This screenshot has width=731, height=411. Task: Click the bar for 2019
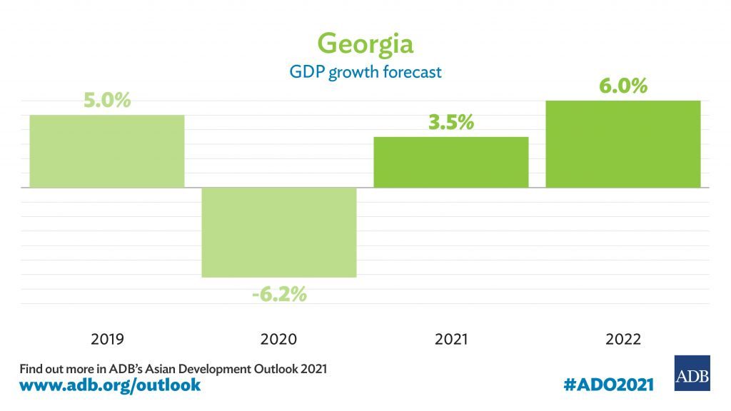(107, 151)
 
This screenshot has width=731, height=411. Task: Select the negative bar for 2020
(279, 232)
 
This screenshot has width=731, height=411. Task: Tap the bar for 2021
(451, 162)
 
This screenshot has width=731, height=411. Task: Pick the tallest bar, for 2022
(623, 144)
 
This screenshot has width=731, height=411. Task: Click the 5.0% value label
(107, 100)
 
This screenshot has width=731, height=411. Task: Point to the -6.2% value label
(279, 293)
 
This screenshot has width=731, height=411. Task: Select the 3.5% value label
(451, 122)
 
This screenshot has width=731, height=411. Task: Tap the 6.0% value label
(623, 86)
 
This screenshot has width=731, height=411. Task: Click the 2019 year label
(107, 339)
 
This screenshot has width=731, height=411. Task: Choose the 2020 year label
(279, 339)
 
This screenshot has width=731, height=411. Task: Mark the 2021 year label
(451, 339)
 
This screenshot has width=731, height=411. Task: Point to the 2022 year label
(623, 339)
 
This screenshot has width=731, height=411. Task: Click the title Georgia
(365, 44)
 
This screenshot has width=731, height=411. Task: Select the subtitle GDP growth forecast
(365, 72)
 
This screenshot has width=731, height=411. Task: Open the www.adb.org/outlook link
(110, 386)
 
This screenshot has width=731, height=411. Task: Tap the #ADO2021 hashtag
(608, 385)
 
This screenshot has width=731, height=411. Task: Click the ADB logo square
(692, 373)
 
